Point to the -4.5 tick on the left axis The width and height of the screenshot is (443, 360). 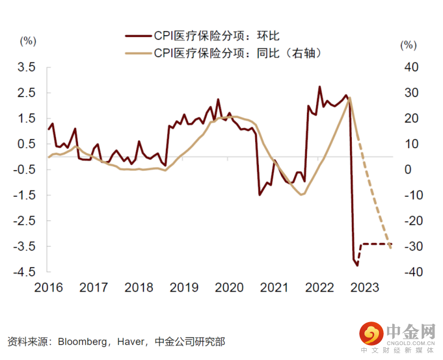click(x=26, y=272)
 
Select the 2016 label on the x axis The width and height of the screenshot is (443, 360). click(x=48, y=288)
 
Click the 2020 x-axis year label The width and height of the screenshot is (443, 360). click(x=229, y=288)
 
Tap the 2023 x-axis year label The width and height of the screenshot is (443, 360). click(x=365, y=288)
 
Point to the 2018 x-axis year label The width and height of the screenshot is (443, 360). click(x=139, y=288)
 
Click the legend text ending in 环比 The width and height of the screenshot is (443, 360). click(x=217, y=36)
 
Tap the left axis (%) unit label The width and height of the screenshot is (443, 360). click(x=28, y=41)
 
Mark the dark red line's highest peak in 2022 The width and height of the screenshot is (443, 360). click(x=320, y=86)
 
